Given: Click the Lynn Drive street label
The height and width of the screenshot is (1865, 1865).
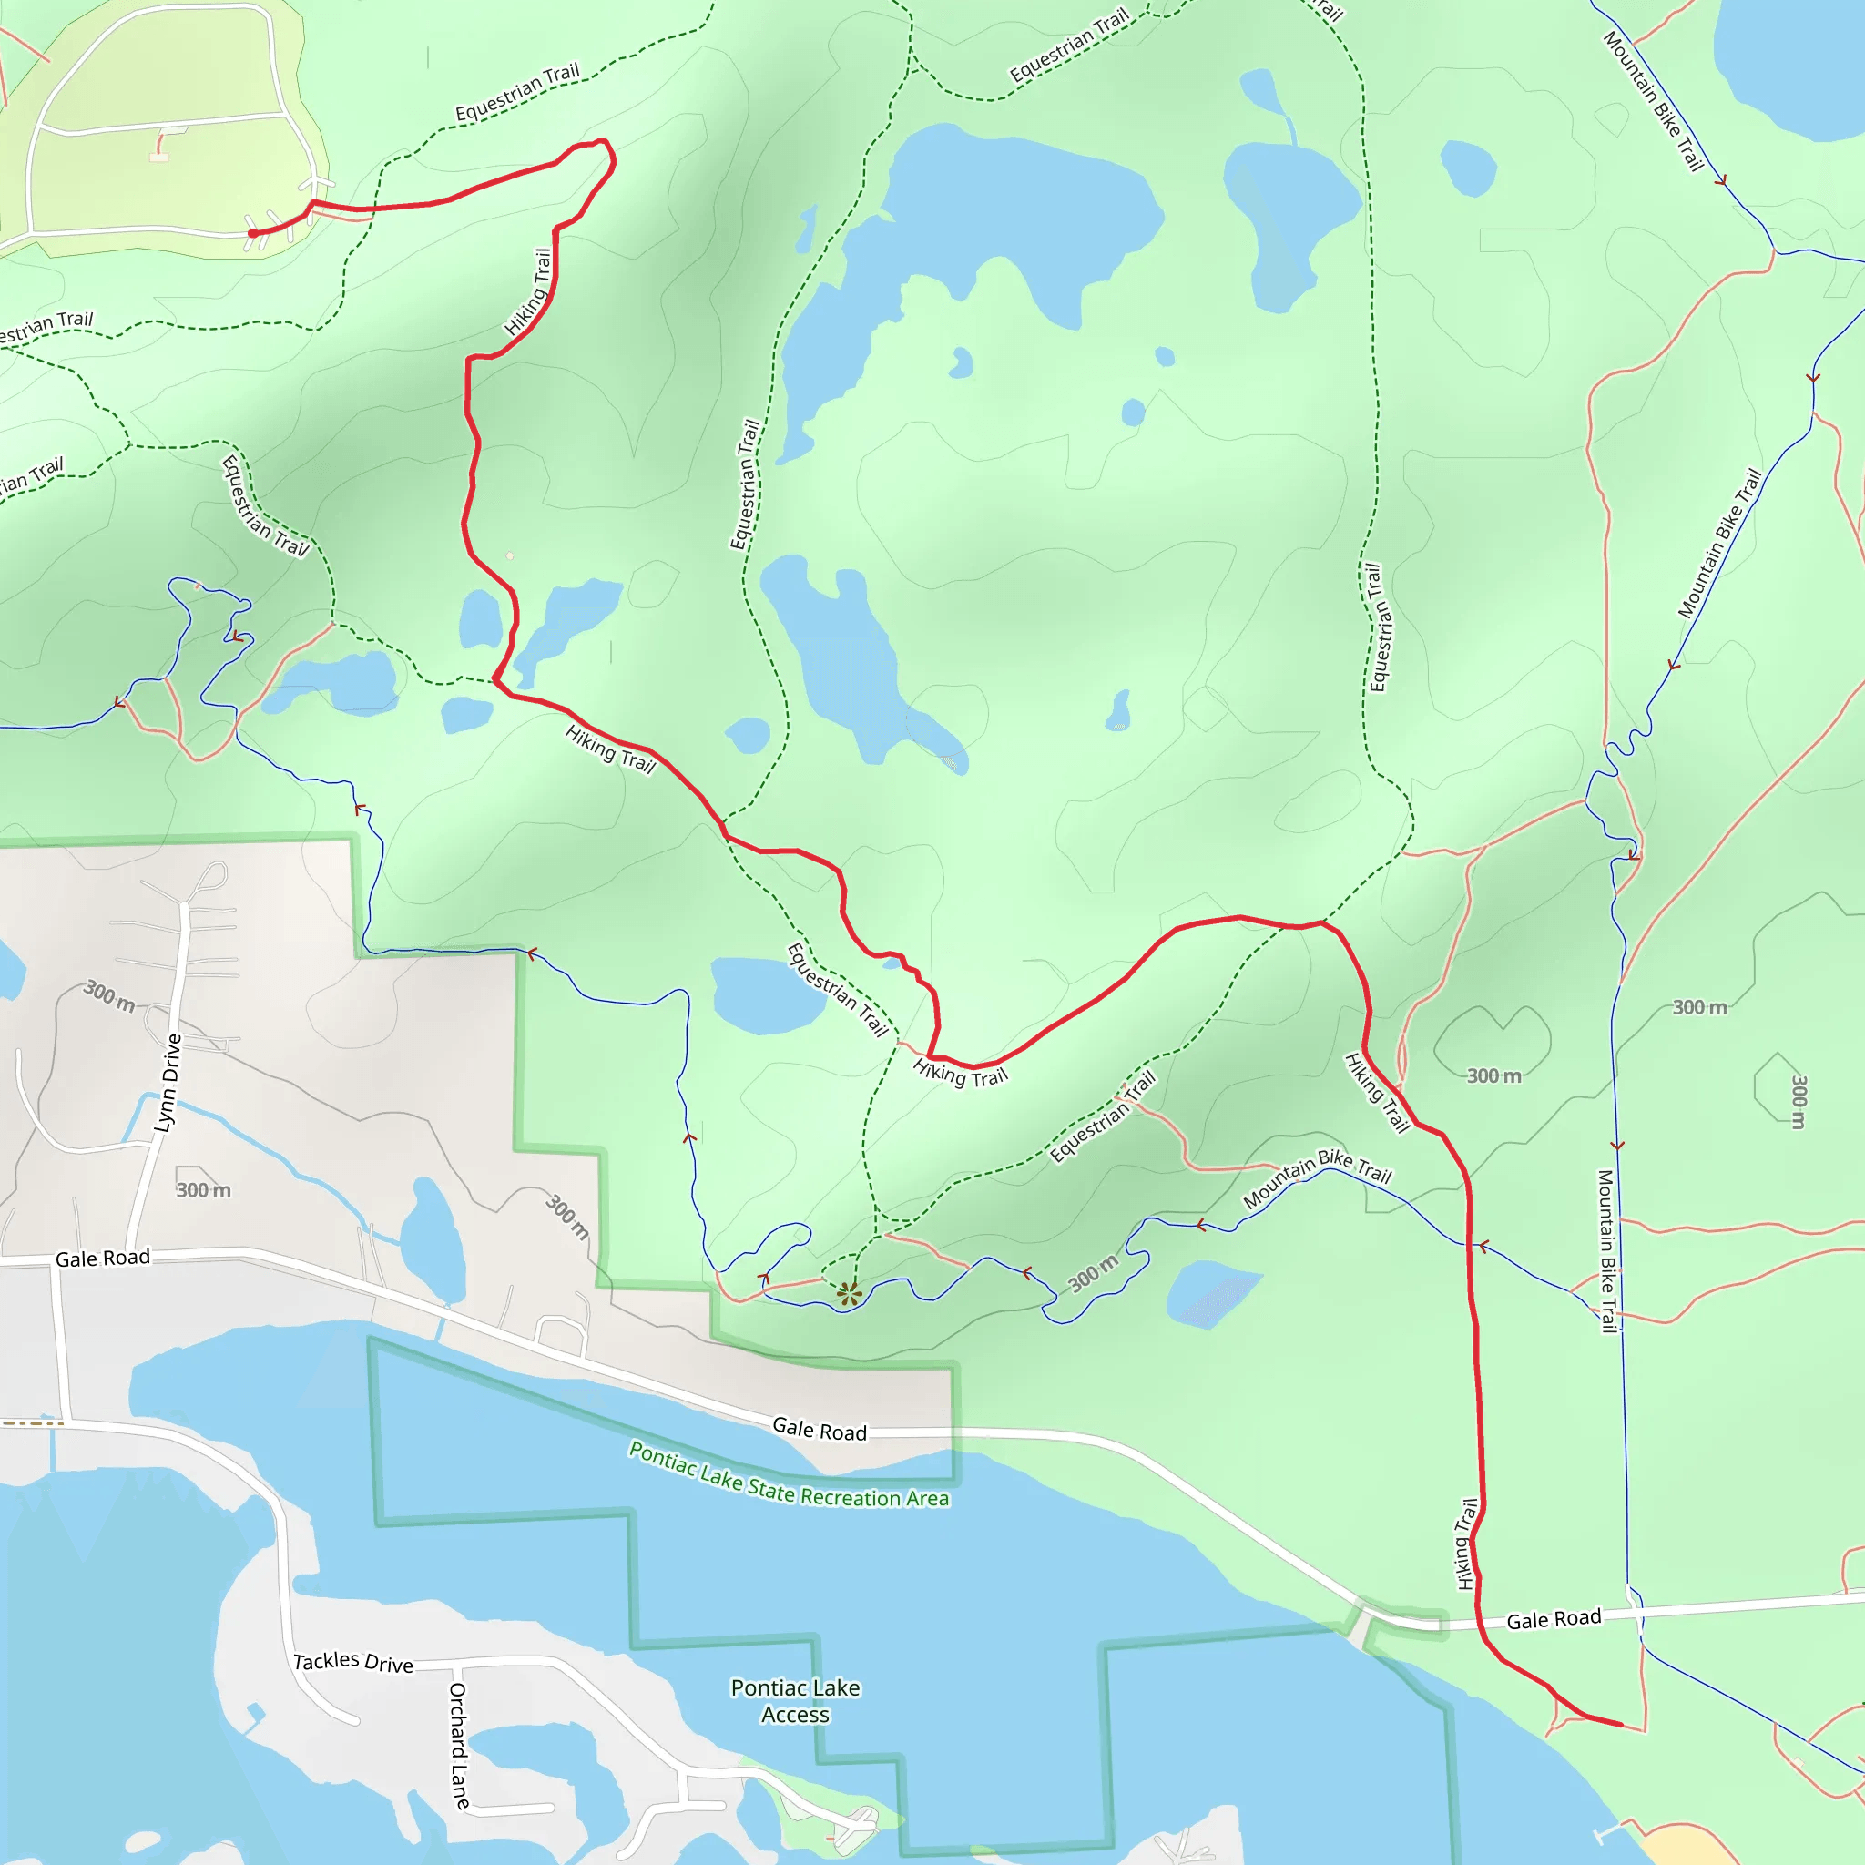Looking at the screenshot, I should click(x=168, y=1082).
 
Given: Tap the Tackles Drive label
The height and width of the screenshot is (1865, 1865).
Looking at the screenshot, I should click(x=353, y=1661).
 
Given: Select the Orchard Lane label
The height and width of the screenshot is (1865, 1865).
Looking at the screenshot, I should click(x=459, y=1746).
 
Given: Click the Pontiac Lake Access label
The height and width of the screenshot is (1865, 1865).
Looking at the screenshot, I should click(x=794, y=1701).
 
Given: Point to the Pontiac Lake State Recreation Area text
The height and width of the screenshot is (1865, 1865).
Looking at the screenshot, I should click(x=789, y=1475).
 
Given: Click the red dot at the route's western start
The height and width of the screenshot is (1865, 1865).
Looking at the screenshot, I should click(x=253, y=232).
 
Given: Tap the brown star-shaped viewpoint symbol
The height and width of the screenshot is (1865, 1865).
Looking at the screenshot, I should click(x=849, y=1293).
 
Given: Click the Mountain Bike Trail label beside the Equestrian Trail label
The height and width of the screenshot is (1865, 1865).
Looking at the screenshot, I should click(x=1317, y=1177).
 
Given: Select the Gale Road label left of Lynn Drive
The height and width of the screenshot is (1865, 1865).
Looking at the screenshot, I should click(x=102, y=1258).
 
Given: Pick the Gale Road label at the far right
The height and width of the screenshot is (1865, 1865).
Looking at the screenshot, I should click(x=1554, y=1619).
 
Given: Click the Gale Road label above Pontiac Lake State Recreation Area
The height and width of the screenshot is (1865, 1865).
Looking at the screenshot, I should click(x=820, y=1429).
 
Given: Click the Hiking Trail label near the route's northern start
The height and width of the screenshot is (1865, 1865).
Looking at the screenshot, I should click(x=528, y=291).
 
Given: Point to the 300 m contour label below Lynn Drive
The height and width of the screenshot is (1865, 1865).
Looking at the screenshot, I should click(x=204, y=1190).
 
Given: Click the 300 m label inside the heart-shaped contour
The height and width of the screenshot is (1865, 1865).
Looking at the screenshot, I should click(x=1493, y=1075).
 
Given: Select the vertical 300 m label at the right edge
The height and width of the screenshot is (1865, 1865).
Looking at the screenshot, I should click(x=1799, y=1102).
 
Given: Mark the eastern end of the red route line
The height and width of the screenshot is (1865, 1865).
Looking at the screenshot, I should click(x=1622, y=1725).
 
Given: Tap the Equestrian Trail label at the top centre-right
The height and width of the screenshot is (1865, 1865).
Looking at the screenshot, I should click(x=1068, y=46).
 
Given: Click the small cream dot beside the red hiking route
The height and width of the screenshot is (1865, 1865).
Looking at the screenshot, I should click(x=510, y=556).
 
